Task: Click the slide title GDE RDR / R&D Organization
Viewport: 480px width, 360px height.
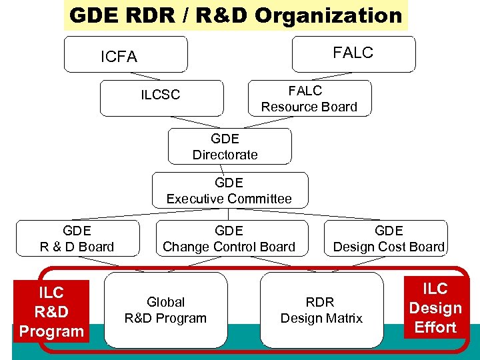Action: [x=235, y=15]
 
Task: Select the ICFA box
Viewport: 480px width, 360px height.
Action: [x=125, y=55]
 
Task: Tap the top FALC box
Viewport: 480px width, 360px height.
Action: [x=353, y=53]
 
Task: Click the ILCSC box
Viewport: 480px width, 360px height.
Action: [x=161, y=97]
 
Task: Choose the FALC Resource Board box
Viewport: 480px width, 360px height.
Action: [x=309, y=98]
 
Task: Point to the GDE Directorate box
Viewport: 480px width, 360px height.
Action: [x=229, y=146]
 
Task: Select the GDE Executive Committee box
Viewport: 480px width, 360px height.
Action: [x=230, y=190]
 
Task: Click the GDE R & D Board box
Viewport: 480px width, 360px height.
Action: [x=77, y=239]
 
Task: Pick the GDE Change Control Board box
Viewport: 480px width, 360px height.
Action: [x=229, y=239]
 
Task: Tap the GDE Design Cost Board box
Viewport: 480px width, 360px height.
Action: [x=389, y=239]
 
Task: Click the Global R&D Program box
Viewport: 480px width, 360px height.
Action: [x=165, y=310]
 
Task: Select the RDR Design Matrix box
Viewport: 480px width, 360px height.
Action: [x=321, y=310]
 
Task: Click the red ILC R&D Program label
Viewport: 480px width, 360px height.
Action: [x=51, y=311]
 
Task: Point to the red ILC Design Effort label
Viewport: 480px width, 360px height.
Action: [x=435, y=307]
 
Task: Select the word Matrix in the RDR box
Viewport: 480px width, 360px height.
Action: [x=343, y=318]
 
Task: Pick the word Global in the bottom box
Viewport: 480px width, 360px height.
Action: [x=165, y=302]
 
